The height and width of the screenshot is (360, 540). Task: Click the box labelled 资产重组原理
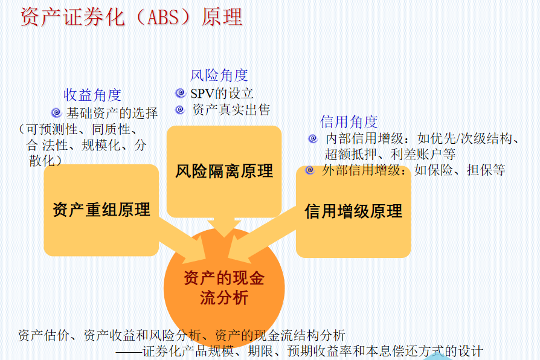[101, 210]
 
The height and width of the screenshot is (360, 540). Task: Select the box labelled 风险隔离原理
[224, 171]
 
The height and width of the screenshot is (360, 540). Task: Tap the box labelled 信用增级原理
[353, 211]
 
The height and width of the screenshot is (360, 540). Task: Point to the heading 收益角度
[92, 95]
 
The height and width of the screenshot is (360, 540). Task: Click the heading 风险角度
[219, 75]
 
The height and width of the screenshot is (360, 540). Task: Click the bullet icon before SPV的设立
[180, 93]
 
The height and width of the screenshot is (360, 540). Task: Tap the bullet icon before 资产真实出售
[180, 109]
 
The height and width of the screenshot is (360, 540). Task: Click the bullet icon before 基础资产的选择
[56, 112]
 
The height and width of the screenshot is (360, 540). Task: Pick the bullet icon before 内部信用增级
[312, 138]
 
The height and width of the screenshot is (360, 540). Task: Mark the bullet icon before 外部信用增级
[310, 170]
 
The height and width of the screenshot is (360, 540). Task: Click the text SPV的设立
[222, 94]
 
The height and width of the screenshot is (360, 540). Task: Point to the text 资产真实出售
[231, 110]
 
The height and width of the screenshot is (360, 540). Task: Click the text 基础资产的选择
[112, 113]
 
